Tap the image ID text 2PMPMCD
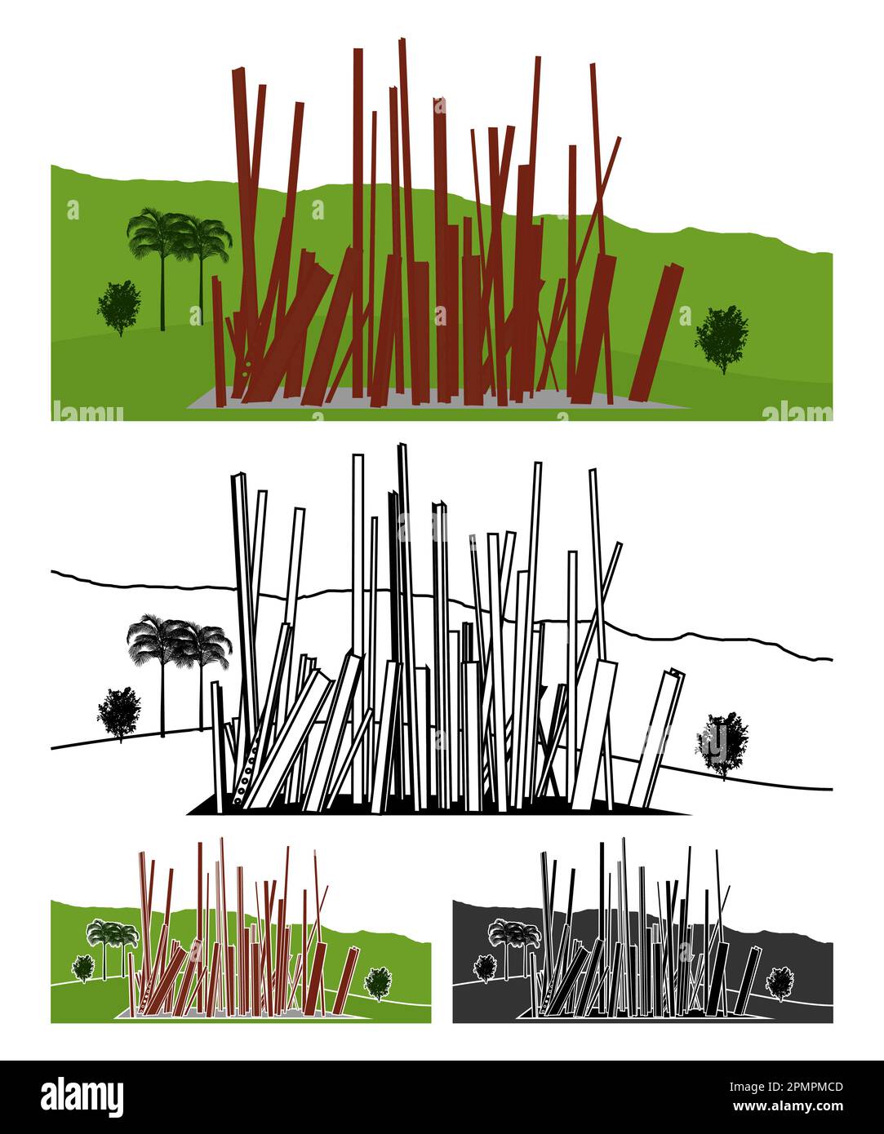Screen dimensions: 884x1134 (786, 1087)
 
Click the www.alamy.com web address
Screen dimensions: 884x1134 (788, 1106)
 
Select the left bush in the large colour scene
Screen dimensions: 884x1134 (119, 308)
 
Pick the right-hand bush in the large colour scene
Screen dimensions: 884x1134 (722, 339)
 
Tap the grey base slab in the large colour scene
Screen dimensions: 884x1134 (438, 400)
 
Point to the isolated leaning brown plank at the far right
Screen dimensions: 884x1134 (655, 332)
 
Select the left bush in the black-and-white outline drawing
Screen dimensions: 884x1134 (119, 714)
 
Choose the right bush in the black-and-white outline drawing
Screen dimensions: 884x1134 (722, 745)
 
